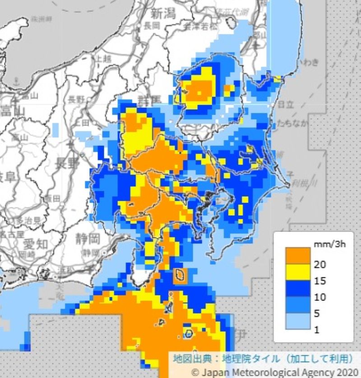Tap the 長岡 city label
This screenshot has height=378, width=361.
click(153, 26)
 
